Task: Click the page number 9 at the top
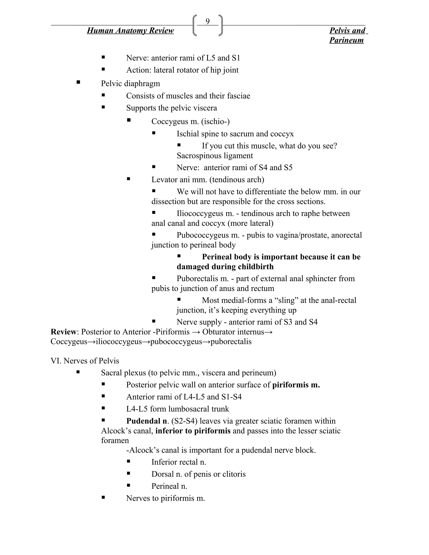click(207, 21)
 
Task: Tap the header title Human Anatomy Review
click(130, 31)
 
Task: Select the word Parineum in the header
click(346, 40)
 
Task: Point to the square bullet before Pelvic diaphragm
click(78, 82)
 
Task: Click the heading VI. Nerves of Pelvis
click(85, 361)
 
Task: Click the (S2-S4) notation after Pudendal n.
click(184, 421)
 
